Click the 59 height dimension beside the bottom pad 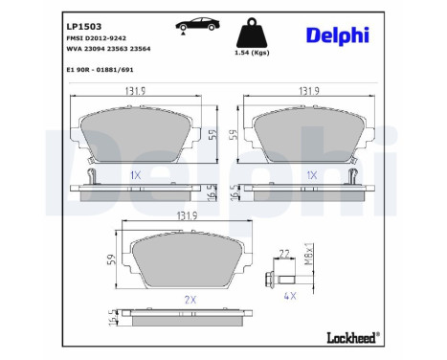pos(113,259)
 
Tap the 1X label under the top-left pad pos(135,176)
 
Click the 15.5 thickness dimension pos(113,324)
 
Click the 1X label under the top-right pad pos(311,176)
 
